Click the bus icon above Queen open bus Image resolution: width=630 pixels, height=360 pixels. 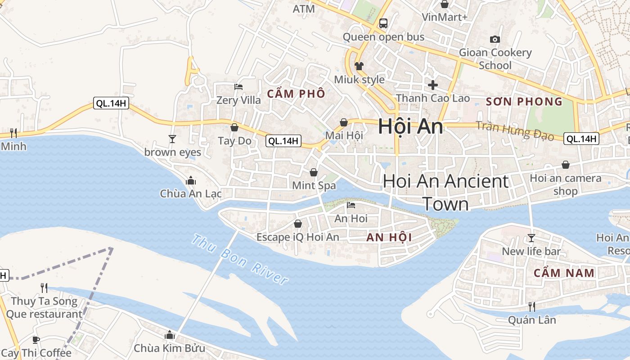(383, 23)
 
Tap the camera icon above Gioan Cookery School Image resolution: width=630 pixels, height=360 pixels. (495, 39)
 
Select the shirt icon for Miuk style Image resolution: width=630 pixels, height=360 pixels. (359, 66)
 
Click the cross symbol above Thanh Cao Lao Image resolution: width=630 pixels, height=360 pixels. (433, 85)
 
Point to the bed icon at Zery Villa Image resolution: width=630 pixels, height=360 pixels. (238, 86)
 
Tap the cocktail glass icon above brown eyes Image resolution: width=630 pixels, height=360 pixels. (172, 139)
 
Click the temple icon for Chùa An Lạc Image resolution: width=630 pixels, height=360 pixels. (191, 180)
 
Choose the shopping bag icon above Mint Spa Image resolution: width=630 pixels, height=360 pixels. (314, 172)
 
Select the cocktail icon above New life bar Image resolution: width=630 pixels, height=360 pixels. (531, 238)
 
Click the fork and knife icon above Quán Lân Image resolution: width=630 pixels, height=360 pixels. (531, 307)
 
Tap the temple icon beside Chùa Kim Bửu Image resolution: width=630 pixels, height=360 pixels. (170, 335)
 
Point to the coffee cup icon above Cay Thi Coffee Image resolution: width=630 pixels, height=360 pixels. (36, 340)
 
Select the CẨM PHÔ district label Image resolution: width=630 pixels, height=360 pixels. (296, 94)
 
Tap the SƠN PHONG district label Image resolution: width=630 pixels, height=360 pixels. (524, 102)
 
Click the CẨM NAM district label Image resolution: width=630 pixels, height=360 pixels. (564, 273)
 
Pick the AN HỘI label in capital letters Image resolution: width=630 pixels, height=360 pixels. (389, 237)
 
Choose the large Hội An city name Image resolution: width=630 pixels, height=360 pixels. (410, 126)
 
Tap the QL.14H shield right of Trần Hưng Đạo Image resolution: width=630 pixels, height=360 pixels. (581, 139)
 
